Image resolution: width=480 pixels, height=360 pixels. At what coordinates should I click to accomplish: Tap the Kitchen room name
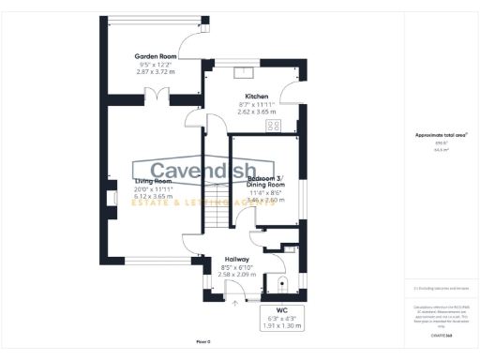[x=257, y=97]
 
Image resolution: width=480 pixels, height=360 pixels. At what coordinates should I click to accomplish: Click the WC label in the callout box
[x=281, y=307]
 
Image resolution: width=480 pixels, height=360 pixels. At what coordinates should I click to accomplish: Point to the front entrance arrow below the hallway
[x=233, y=303]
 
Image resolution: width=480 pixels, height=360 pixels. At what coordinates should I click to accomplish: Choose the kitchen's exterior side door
[x=295, y=95]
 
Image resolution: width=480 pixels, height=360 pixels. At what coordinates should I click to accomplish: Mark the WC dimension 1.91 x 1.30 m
[x=281, y=322]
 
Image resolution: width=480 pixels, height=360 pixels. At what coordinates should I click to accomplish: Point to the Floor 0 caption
[x=203, y=342]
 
